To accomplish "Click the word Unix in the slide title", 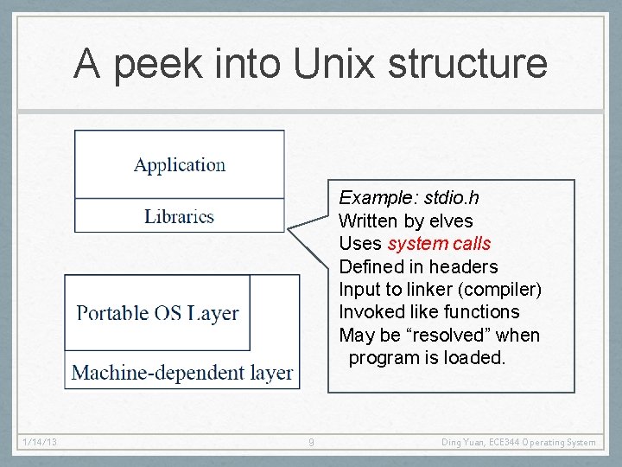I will coord(335,63).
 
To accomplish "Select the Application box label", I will coord(180,164).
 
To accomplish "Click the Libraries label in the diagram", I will coord(179,216).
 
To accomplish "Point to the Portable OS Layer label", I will coord(157,313).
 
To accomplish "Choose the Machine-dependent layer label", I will coord(182,373).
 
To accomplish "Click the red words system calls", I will coord(439,244).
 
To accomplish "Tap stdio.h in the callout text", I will coord(450,198).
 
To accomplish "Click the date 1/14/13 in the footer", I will coord(40,443).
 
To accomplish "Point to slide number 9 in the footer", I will coord(311,443).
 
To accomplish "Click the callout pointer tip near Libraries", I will coord(289,230).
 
